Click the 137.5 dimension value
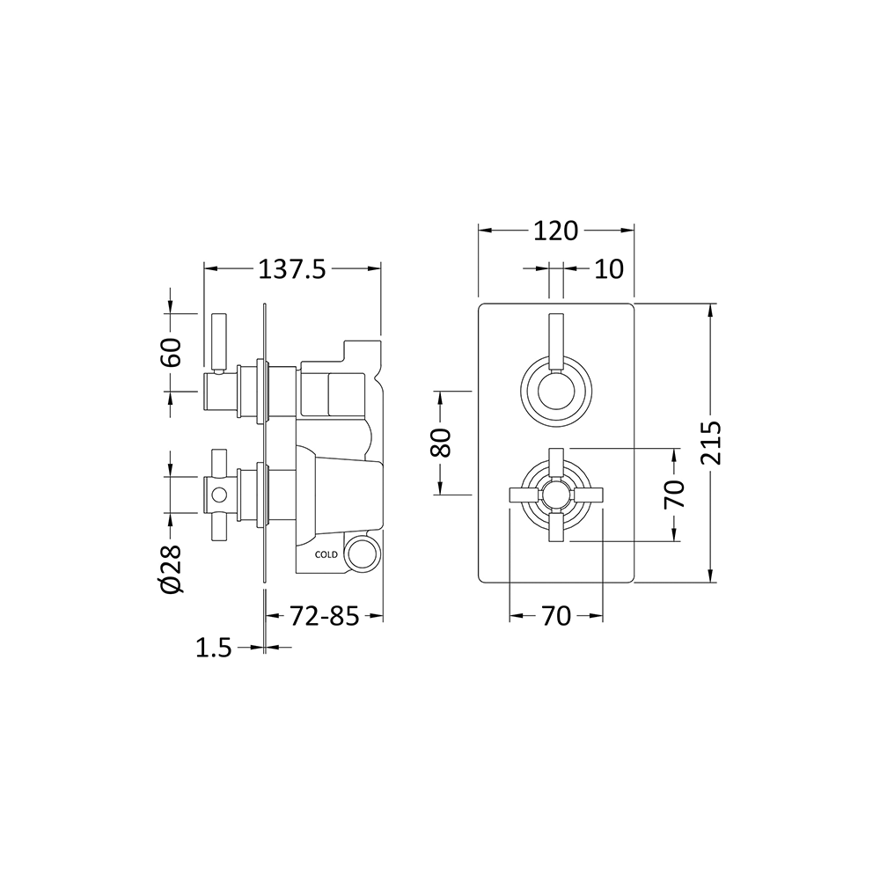pyautogui.click(x=291, y=269)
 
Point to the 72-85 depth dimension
pyautogui.click(x=325, y=617)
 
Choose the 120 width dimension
pyautogui.click(x=555, y=231)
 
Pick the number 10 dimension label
pyautogui.click(x=608, y=268)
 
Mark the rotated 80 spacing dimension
pyautogui.click(x=442, y=442)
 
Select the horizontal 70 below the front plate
pyautogui.click(x=555, y=617)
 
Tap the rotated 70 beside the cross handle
pyautogui.click(x=674, y=495)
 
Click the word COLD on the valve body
pyautogui.click(x=326, y=555)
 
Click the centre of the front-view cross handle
pyautogui.click(x=556, y=495)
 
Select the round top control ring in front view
pyautogui.click(x=556, y=387)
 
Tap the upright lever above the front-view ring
pyautogui.click(x=556, y=339)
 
